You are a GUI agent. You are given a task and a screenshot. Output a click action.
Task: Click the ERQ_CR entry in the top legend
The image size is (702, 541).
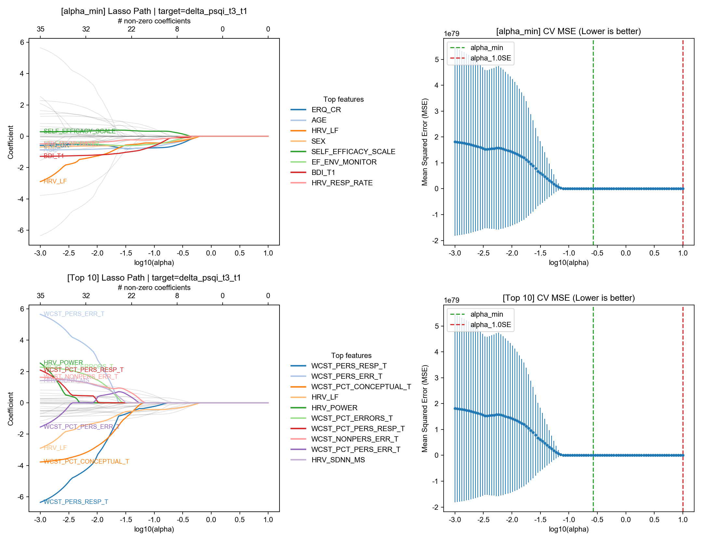pos(326,110)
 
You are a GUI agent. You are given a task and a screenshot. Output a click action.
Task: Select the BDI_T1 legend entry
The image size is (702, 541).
pos(323,173)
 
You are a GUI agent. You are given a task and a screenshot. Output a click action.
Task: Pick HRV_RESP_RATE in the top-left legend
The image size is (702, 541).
pos(342,183)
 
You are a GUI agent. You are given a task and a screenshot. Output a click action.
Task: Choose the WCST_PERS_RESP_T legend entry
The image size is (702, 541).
pos(349,366)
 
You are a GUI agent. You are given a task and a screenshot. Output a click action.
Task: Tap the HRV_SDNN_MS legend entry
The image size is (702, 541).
pos(338,460)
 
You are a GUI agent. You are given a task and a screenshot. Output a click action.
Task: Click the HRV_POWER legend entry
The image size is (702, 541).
pos(334,408)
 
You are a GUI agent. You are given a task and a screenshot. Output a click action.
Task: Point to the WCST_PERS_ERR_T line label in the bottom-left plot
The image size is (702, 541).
pos(74,314)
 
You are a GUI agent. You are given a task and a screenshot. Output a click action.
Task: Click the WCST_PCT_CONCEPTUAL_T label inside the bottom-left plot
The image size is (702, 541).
pos(86,462)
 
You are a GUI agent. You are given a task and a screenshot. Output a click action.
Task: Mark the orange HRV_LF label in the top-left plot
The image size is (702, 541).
pos(55,181)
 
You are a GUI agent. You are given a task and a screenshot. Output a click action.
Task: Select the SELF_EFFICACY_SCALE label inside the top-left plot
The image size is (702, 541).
pos(80,131)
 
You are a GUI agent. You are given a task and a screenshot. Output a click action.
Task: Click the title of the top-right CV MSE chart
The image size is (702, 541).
pos(568,32)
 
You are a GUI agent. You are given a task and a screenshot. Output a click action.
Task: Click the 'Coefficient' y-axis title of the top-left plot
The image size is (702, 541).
pos(11,142)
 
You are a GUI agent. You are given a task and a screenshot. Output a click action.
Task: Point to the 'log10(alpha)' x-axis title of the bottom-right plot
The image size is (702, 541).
pos(568,529)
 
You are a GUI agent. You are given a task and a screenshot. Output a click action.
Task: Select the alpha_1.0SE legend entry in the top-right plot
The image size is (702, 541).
pos(490,58)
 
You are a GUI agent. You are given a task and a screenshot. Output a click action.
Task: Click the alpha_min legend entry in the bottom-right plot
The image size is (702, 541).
pos(487,314)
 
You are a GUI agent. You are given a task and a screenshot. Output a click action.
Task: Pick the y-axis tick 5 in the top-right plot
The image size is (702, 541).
pos(436,60)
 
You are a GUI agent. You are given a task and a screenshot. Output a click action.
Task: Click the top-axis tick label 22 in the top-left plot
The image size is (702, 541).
pos(131,29)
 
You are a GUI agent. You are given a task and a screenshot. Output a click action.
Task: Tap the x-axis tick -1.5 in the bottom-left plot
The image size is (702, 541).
pos(125,520)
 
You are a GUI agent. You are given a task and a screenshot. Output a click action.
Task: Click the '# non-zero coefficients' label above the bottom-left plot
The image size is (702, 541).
pos(154,288)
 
